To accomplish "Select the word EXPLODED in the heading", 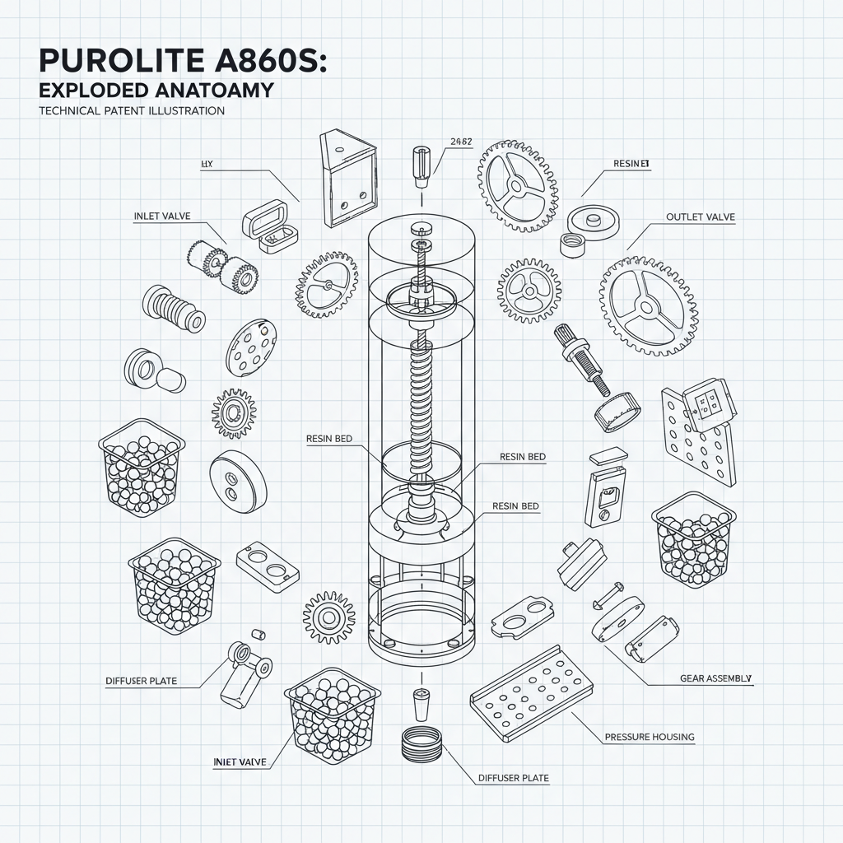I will (95, 91).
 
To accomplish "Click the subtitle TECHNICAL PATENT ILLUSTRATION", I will (131, 111).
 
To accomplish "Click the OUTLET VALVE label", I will (700, 217).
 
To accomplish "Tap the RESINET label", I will (631, 164).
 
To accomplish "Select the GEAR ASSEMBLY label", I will (715, 678).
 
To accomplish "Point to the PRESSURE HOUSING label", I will (650, 737).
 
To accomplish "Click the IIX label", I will (207, 165).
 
